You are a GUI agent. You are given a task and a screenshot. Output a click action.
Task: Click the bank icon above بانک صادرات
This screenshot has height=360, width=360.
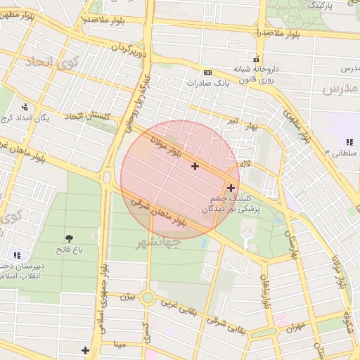point(207,72)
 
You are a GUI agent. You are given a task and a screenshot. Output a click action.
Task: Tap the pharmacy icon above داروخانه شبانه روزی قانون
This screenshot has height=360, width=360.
point(256,59)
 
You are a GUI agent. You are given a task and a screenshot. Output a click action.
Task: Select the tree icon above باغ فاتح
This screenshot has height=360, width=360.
point(70,239)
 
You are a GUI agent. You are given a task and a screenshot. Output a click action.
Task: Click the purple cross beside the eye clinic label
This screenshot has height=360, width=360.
point(231,188)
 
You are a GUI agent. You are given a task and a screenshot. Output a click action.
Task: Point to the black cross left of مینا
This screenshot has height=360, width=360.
point(85,349)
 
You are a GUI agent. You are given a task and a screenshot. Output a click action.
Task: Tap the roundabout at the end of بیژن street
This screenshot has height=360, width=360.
point(147,297)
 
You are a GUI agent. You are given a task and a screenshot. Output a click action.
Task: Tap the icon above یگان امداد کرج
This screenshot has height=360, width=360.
point(25,108)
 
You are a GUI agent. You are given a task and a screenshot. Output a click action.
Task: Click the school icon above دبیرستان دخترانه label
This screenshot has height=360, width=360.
point(17,255)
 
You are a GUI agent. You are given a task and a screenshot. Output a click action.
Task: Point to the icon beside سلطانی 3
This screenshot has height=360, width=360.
point(349,142)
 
